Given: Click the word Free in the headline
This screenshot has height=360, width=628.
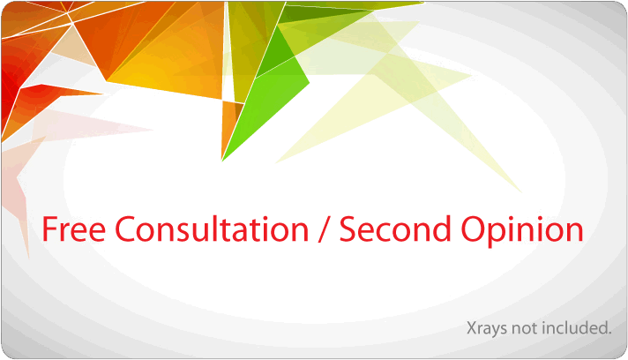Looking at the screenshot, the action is click(x=74, y=229).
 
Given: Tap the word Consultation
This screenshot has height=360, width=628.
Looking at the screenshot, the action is click(x=212, y=229).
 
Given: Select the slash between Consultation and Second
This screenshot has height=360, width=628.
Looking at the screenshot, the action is click(x=324, y=229).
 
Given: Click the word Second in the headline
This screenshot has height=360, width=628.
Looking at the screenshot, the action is click(x=395, y=229).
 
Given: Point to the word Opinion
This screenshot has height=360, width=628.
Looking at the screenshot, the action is click(x=522, y=231).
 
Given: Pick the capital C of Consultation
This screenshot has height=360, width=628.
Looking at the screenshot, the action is click(x=125, y=229).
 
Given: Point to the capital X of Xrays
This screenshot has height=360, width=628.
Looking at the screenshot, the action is click(x=472, y=328).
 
